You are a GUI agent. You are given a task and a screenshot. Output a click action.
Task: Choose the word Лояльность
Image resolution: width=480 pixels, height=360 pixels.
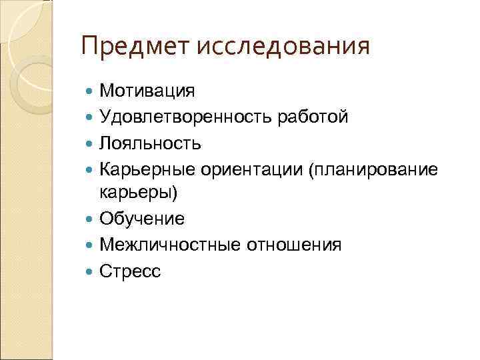pyautogui.click(x=151, y=143)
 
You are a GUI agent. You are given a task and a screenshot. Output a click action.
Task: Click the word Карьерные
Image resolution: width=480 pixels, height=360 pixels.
pyautogui.click(x=146, y=168)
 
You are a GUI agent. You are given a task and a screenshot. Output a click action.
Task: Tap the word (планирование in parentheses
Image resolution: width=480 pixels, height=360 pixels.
pyautogui.click(x=372, y=168)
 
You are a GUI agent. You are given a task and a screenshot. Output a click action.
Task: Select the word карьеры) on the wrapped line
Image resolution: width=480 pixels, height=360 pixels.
pyautogui.click(x=139, y=193)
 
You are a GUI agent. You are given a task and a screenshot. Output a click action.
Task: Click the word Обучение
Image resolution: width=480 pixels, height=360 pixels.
pyautogui.click(x=142, y=219)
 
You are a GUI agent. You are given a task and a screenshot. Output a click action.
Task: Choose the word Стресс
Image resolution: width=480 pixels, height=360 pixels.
pyautogui.click(x=130, y=270)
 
